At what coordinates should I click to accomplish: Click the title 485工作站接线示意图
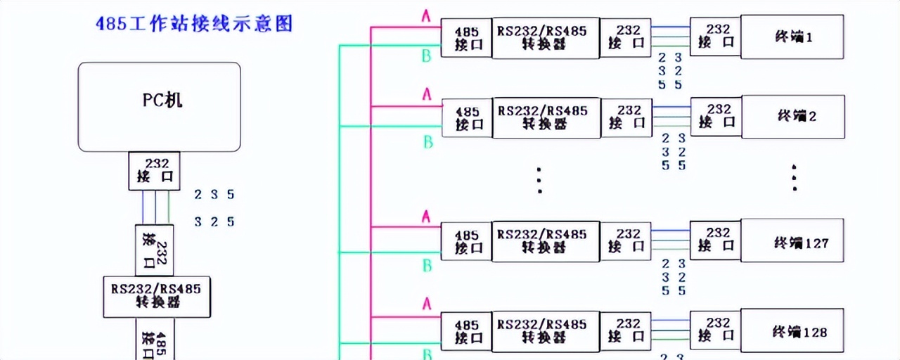[x=193, y=24]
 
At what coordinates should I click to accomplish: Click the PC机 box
[x=159, y=107]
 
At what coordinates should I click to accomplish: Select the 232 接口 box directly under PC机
[x=154, y=171]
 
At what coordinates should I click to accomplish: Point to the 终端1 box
[x=792, y=37]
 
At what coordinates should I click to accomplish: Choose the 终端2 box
[x=792, y=116]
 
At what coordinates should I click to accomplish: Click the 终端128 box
[x=792, y=331]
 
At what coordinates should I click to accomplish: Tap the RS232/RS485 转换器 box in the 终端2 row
[x=545, y=117]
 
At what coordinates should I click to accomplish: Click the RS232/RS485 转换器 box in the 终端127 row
[x=545, y=241]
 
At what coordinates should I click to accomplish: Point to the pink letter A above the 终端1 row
[x=425, y=15]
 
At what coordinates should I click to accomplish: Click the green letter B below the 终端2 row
[x=427, y=143]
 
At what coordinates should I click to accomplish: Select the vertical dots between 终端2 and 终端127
[x=539, y=181]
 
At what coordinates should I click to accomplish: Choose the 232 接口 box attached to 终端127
[x=716, y=240]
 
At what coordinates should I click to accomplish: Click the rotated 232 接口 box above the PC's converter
[x=154, y=250]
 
